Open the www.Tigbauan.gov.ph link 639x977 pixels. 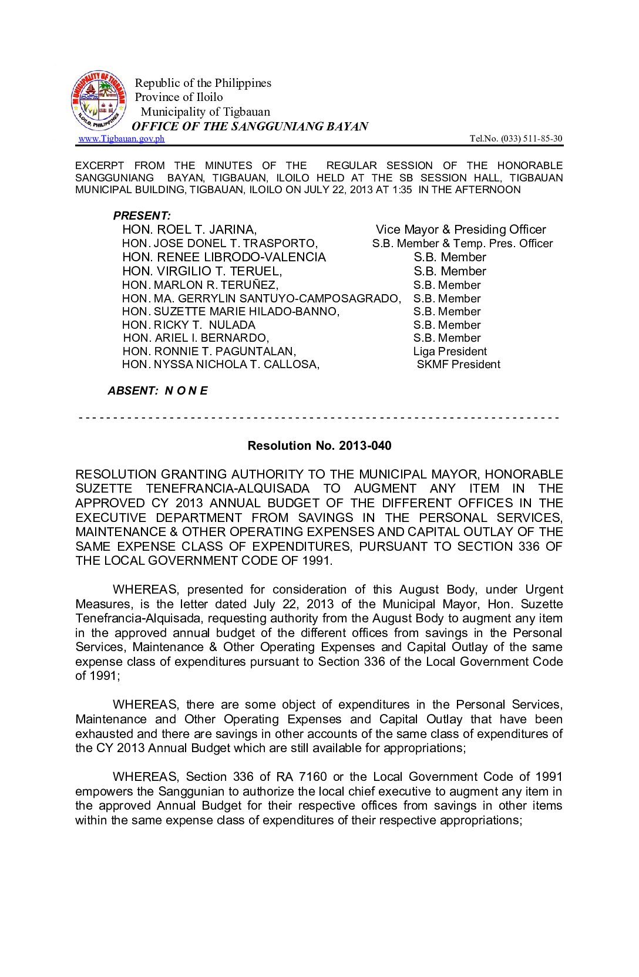coord(122,139)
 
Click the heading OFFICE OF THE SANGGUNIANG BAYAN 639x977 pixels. coord(250,126)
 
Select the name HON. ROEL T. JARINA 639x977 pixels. coord(189,230)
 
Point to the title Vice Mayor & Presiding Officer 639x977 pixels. coord(460,230)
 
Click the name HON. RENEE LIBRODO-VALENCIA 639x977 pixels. coord(224,257)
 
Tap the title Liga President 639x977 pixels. coord(450,351)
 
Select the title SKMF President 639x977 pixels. coord(458,364)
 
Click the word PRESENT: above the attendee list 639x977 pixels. coord(142,215)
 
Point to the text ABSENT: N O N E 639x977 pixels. coord(157,390)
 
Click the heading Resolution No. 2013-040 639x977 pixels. coord(319,446)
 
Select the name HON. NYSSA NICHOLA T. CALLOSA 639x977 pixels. coord(220,364)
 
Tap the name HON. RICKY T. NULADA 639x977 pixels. coord(189,325)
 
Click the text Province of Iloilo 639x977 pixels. coord(179,97)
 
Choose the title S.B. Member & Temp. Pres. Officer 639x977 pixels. coord(462,243)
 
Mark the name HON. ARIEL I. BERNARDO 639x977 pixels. coord(196,338)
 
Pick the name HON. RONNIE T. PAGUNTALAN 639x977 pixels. coord(209,351)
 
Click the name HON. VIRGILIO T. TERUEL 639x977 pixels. coord(202,271)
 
